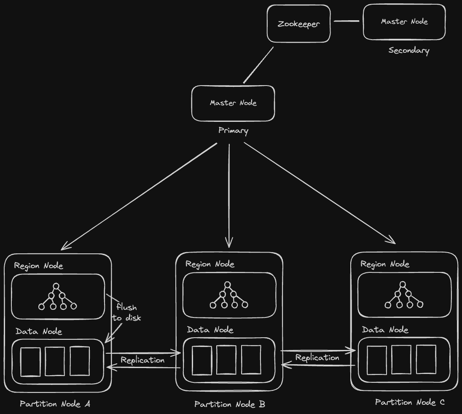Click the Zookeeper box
pos(298,24)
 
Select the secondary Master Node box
pos(404,22)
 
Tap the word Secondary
pos(408,51)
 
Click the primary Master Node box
pos(233,103)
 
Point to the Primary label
pos(233,131)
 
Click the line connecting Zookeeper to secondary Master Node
pos(346,21)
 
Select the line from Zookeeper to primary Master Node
pos(258,65)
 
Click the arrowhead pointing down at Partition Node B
pos(229,243)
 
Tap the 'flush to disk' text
pos(126,312)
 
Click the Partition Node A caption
pos(55,404)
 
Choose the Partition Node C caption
pos(410,402)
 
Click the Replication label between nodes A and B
pos(142,360)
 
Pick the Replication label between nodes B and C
pos(317,358)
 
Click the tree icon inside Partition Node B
pos(228,295)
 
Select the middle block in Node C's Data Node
pos(401,359)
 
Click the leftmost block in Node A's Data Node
pos(31,362)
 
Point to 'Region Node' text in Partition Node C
pos(384,264)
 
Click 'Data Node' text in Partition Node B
pos(210,330)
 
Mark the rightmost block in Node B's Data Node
pos(251,360)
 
